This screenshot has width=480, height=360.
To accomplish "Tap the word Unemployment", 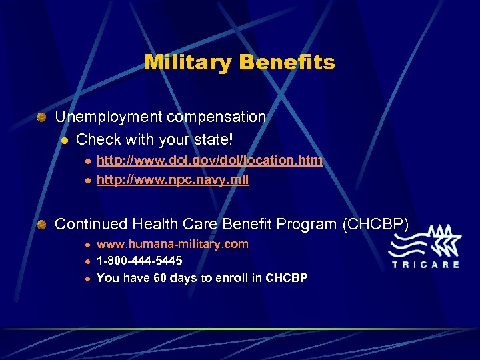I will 109,117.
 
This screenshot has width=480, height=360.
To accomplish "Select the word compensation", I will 217,117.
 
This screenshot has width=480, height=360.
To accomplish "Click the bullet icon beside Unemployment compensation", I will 41,117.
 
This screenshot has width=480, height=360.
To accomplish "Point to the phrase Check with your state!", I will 155,139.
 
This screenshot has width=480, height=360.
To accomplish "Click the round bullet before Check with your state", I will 64,140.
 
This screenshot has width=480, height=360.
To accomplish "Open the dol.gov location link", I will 209,160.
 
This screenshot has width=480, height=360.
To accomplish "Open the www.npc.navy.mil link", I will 173,180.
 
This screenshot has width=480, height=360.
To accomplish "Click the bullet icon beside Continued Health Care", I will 41,225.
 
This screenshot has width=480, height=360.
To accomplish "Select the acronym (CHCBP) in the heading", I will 375,224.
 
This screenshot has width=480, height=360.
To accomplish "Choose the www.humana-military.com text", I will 173,244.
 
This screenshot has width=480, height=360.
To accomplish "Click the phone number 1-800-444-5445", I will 139,261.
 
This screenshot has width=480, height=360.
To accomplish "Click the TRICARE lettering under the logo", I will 425,264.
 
